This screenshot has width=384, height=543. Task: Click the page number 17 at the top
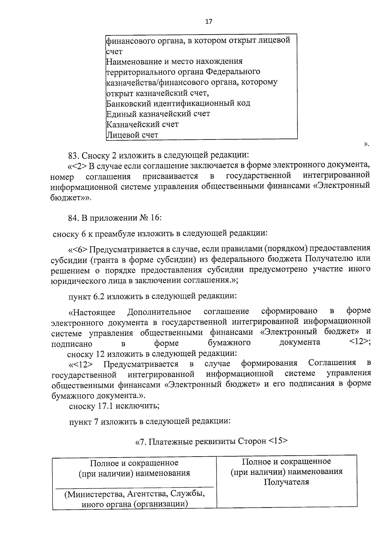click(x=208, y=21)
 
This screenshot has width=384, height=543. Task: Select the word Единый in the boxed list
click(x=121, y=114)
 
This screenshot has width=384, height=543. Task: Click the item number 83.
click(x=73, y=156)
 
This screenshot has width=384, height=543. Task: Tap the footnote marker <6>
click(x=80, y=249)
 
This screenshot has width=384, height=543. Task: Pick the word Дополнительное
click(x=159, y=312)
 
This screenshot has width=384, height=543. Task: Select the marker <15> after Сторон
click(x=278, y=441)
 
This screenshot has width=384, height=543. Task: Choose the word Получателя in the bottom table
click(x=286, y=482)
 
